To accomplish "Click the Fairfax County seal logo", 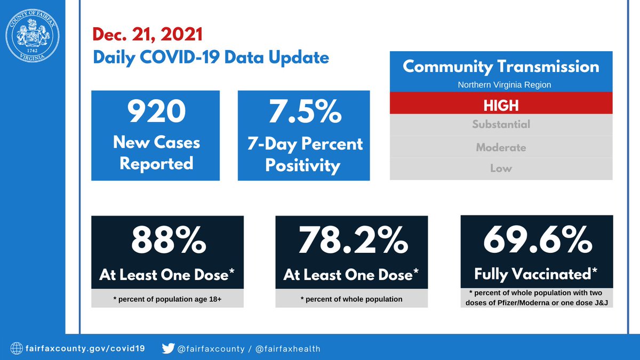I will pyautogui.click(x=33, y=34).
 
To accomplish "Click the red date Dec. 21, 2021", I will pyautogui.click(x=148, y=35).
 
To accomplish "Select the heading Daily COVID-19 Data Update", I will pyautogui.click(x=211, y=57).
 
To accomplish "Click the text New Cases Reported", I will pyautogui.click(x=156, y=153).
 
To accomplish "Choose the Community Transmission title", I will pyautogui.click(x=501, y=67).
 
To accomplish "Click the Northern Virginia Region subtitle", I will pyautogui.click(x=501, y=85).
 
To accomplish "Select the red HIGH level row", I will pyautogui.click(x=501, y=105).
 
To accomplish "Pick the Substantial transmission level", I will pyautogui.click(x=501, y=125).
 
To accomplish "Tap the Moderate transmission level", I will pyautogui.click(x=501, y=147).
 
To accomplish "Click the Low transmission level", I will pyautogui.click(x=501, y=169).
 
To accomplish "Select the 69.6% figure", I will pyautogui.click(x=537, y=242).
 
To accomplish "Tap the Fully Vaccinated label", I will pyautogui.click(x=535, y=274).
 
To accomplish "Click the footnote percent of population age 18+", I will pyautogui.click(x=167, y=299).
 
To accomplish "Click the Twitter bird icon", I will pyautogui.click(x=167, y=349).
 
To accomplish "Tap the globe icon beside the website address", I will pyautogui.click(x=17, y=349).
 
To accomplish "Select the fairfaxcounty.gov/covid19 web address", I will pyautogui.click(x=88, y=349).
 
